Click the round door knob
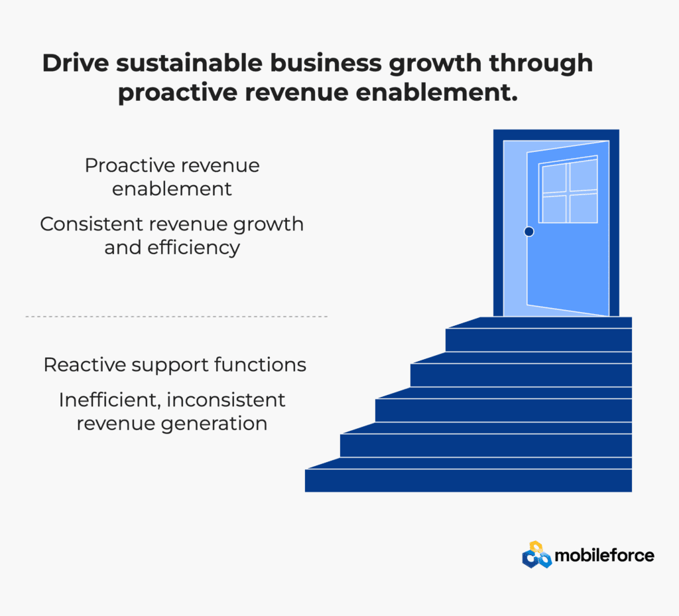[528, 232]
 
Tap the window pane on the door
[568, 189]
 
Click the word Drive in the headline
[76, 63]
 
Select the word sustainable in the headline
[189, 63]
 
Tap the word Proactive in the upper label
[129, 165]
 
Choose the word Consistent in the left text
[92, 224]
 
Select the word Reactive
[84, 365]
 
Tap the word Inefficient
[111, 400]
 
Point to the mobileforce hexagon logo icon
[536, 554]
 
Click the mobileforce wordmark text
[605, 556]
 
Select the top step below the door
[538, 335]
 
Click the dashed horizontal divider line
[176, 317]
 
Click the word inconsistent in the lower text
[227, 400]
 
